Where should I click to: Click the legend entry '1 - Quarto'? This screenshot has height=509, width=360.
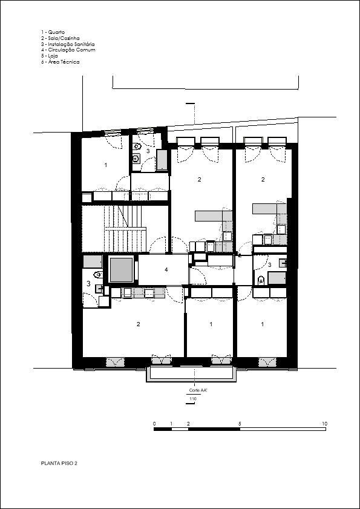point(53,33)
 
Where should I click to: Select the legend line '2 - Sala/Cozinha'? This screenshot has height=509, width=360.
point(60,38)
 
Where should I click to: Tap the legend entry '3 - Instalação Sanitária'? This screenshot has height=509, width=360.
point(68,44)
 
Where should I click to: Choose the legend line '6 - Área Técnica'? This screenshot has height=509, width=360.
point(60,62)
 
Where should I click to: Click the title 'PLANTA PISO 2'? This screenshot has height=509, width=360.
point(59,463)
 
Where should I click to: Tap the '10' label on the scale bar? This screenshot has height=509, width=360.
point(325,424)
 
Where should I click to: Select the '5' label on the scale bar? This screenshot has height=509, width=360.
point(240,424)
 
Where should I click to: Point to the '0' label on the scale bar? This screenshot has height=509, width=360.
point(154,424)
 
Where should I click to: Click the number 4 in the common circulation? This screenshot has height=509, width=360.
point(166,269)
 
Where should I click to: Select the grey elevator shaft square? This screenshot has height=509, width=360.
point(122,270)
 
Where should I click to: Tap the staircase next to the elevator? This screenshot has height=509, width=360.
point(126,229)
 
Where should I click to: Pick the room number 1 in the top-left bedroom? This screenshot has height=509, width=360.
point(105,165)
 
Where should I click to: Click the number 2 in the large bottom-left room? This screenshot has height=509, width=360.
point(139,324)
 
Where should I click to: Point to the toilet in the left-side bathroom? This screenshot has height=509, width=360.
point(97,275)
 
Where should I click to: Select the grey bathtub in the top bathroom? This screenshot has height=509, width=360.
point(162,160)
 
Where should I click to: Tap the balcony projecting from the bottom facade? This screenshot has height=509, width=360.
point(192,374)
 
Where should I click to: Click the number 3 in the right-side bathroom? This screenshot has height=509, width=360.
point(269,265)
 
